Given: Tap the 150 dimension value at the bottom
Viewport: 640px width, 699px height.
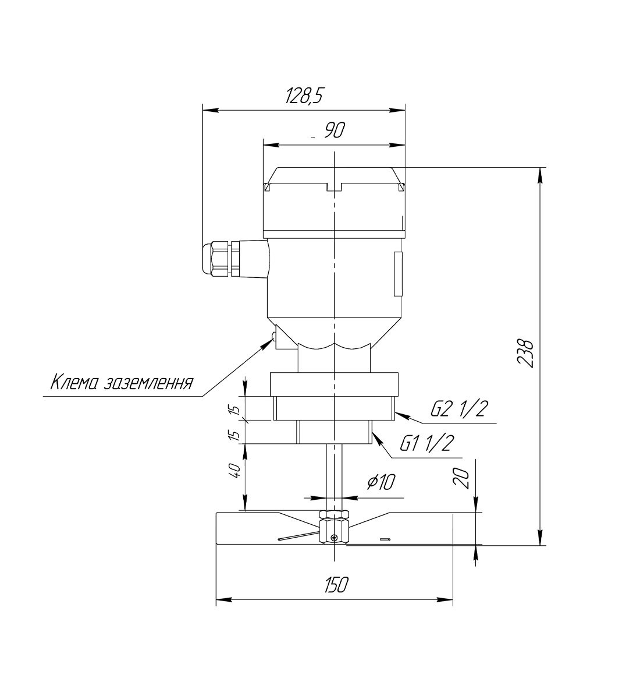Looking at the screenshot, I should [x=335, y=585].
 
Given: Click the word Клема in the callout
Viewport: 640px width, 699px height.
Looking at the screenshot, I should [x=73, y=383].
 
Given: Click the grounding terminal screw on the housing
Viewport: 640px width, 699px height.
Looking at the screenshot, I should [x=273, y=336].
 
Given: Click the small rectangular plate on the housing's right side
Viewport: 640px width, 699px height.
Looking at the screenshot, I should [x=398, y=273].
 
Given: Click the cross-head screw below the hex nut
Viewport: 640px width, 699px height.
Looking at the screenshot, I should [x=334, y=536].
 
